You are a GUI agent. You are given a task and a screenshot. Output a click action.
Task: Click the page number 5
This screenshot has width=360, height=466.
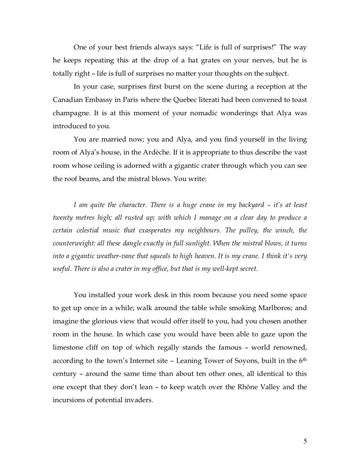click(305, 440)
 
